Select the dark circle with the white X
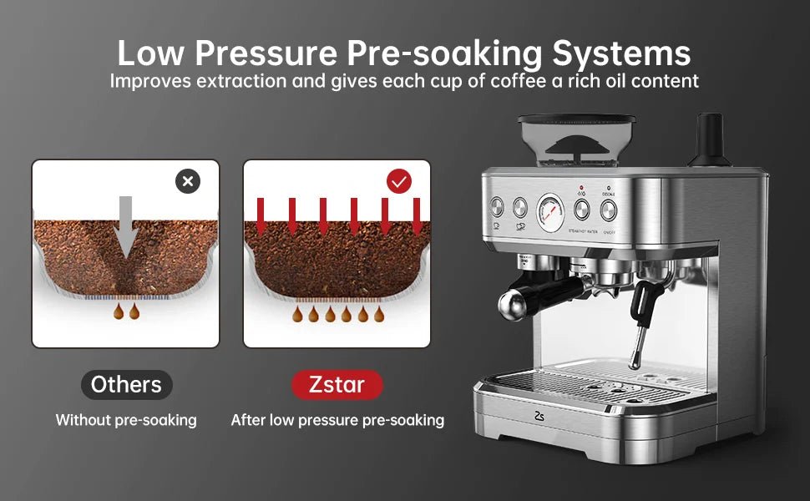[188, 181]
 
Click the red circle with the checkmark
[399, 181]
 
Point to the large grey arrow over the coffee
[125, 225]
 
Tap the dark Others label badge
[126, 385]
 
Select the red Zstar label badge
[337, 385]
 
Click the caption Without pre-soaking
[126, 420]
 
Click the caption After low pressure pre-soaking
[337, 420]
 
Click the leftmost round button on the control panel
[496, 206]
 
